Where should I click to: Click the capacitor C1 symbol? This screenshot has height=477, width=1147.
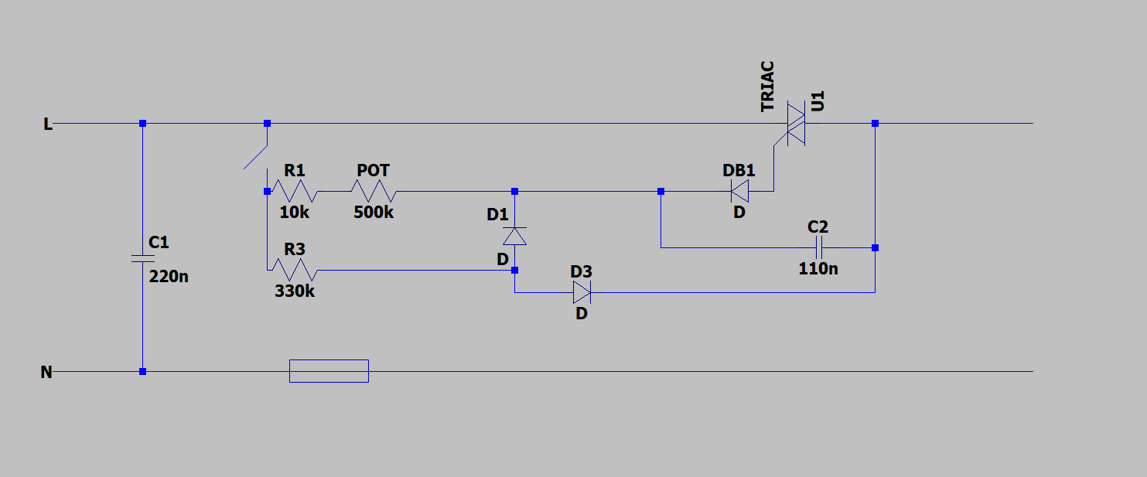[142, 257]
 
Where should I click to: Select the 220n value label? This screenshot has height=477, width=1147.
[169, 275]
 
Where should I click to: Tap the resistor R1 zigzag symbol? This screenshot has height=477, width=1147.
[294, 191]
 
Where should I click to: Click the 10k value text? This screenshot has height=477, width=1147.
[293, 211]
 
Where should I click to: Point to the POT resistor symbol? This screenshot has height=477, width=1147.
[374, 191]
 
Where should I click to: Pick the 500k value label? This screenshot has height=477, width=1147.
[374, 212]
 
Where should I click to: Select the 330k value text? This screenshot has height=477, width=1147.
[295, 291]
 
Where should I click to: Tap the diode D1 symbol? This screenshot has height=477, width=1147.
[515, 236]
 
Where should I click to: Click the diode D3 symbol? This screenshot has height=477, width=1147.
[582, 292]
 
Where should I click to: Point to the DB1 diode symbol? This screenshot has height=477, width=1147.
[739, 191]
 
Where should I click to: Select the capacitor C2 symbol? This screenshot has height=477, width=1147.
[818, 247]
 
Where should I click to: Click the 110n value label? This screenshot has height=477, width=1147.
[818, 269]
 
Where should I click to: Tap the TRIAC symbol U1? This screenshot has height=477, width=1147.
[796, 124]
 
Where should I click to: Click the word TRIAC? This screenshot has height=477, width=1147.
[767, 87]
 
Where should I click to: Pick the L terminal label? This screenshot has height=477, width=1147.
[48, 124]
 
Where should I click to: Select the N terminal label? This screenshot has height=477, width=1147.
[46, 373]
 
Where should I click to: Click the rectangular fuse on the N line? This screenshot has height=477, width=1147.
[329, 371]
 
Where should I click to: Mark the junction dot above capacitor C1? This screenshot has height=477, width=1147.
[142, 124]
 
